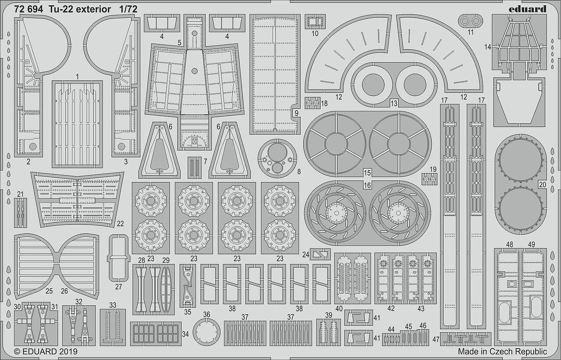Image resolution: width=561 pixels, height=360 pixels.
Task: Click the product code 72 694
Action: click(28, 9)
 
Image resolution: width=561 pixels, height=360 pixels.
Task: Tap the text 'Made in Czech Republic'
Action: click(502, 352)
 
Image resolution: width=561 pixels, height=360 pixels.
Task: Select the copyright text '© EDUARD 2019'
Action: click(46, 352)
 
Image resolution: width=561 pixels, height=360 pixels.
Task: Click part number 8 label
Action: click(298, 172)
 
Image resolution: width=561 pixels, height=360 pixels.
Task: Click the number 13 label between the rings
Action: click(394, 103)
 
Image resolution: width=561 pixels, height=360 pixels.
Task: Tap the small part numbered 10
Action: click(315, 21)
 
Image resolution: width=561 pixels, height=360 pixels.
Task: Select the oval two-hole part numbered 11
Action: click(470, 21)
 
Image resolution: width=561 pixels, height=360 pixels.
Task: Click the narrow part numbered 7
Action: click(195, 168)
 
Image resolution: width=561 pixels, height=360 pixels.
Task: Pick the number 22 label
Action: click(120, 224)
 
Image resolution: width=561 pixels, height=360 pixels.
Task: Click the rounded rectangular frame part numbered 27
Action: click(118, 258)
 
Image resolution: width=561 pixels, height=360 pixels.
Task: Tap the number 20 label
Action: click(542, 185)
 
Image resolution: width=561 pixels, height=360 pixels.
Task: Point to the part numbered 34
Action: click(156, 334)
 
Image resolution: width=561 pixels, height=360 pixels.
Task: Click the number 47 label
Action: click(436, 339)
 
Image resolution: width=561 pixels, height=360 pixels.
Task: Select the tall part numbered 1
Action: click(77, 124)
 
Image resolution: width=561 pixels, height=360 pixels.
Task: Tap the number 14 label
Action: click(487, 47)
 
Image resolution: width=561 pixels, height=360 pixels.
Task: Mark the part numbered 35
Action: click(188, 285)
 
